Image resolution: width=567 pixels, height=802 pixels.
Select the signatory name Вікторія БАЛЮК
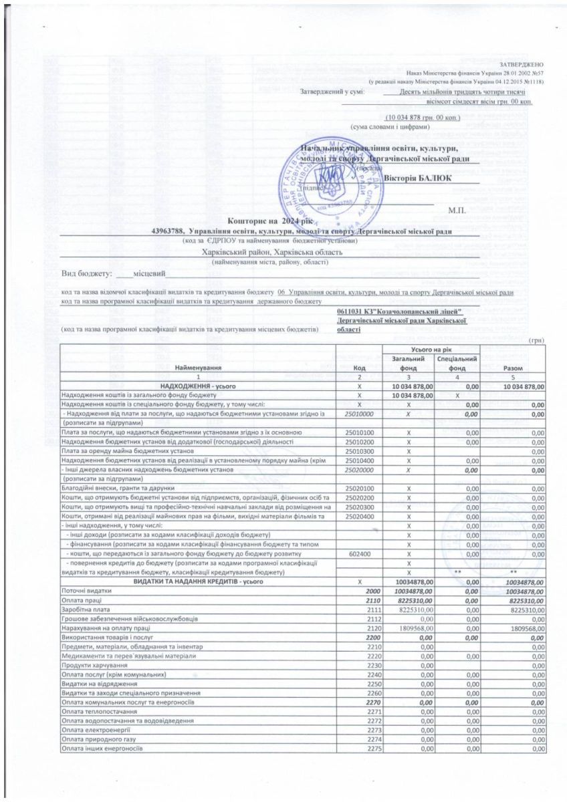(418, 177)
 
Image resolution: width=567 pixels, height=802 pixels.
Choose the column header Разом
(512, 368)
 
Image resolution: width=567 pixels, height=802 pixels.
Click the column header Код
(360, 368)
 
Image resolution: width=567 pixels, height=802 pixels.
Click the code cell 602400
(360, 554)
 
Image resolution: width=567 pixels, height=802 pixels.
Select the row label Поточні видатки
(84, 591)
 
